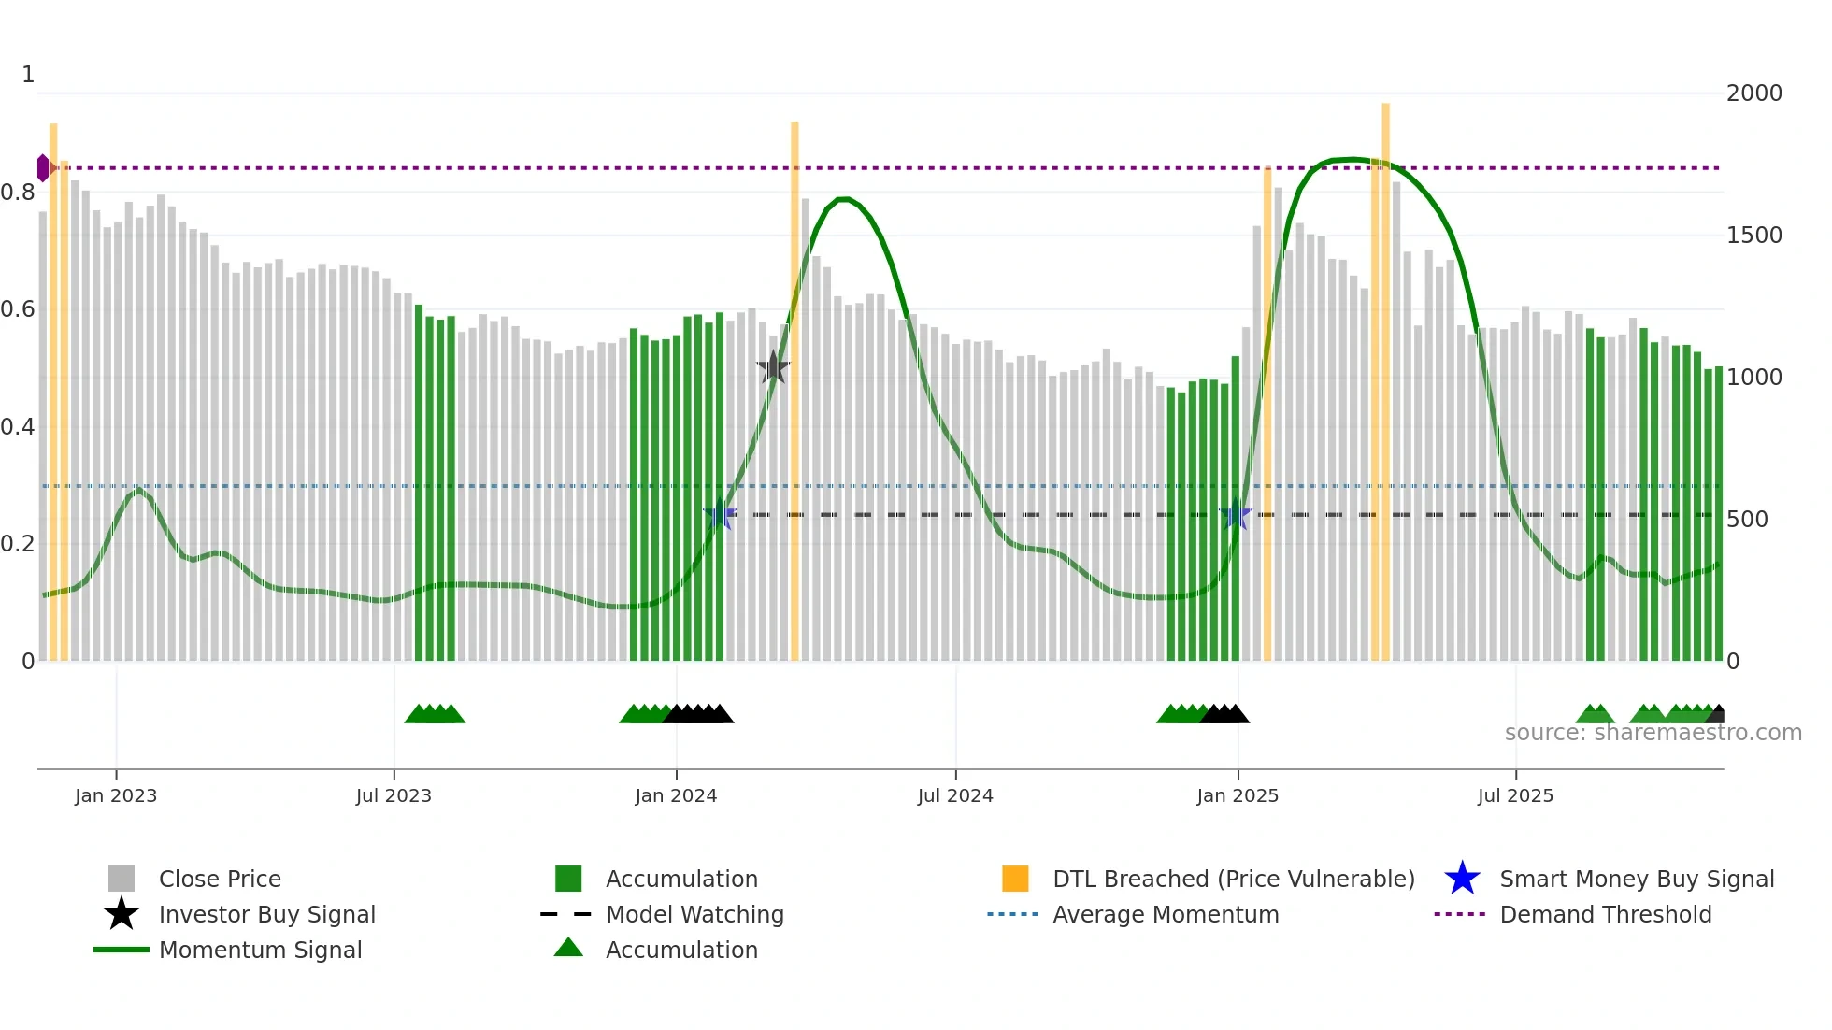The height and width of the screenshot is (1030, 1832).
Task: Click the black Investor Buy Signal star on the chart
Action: point(773,368)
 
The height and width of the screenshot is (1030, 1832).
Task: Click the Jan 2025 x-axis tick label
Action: point(1238,795)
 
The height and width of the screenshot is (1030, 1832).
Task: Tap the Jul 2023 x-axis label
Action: point(394,795)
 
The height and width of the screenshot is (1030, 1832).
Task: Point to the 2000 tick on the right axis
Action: point(1753,93)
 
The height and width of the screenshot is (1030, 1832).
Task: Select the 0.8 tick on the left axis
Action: point(18,193)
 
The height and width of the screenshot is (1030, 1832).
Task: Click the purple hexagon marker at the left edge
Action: point(43,168)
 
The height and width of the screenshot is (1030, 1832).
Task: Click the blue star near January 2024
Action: point(719,515)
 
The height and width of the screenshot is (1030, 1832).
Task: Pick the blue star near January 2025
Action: point(1236,514)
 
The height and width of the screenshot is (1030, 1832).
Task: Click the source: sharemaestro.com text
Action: point(1653,733)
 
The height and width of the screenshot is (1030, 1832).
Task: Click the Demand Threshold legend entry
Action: point(1605,914)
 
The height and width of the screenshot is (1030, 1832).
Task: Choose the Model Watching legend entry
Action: point(694,914)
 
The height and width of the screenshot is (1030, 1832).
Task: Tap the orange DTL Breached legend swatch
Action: point(1015,879)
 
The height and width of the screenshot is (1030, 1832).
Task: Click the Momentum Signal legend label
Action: point(260,950)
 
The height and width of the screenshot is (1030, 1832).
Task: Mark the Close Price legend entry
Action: point(220,879)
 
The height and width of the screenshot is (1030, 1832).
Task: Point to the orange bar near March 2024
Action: point(794,393)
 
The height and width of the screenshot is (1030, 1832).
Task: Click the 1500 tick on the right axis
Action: point(1753,235)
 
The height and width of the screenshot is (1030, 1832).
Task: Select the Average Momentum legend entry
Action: point(1165,914)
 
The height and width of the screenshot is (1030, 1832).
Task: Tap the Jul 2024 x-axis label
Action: point(955,795)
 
